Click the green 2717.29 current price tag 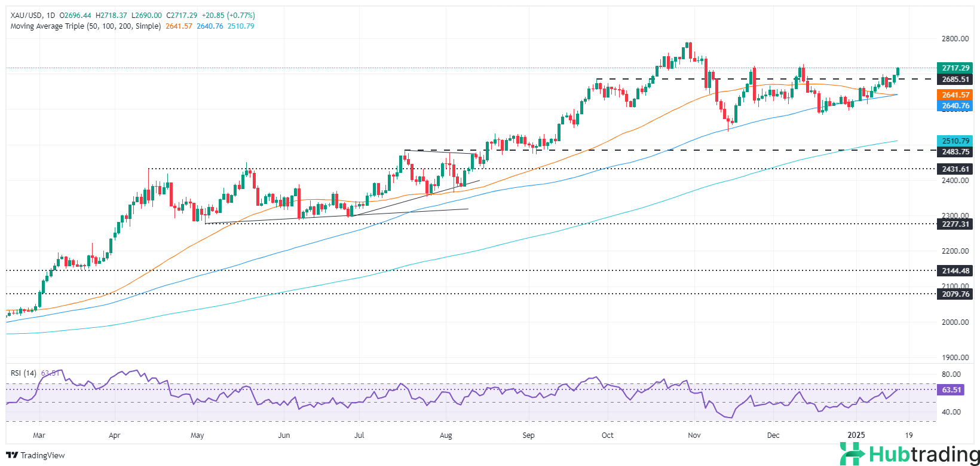coord(955,68)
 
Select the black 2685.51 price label coord(955,80)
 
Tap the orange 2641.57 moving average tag coord(955,95)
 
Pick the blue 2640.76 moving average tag coord(955,106)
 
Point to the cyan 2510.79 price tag coord(955,141)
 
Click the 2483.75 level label coord(955,152)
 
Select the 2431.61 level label coord(955,169)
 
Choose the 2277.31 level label coord(955,224)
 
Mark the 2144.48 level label coord(955,271)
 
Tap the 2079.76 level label coord(955,294)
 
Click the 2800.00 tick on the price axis coord(955,39)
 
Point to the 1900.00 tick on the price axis coord(955,358)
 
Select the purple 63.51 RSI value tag coord(951,390)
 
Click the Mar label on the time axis coord(39,435)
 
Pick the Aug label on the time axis coord(446,435)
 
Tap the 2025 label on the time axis coord(856,435)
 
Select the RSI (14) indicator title coord(24,373)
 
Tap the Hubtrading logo coord(909,454)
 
